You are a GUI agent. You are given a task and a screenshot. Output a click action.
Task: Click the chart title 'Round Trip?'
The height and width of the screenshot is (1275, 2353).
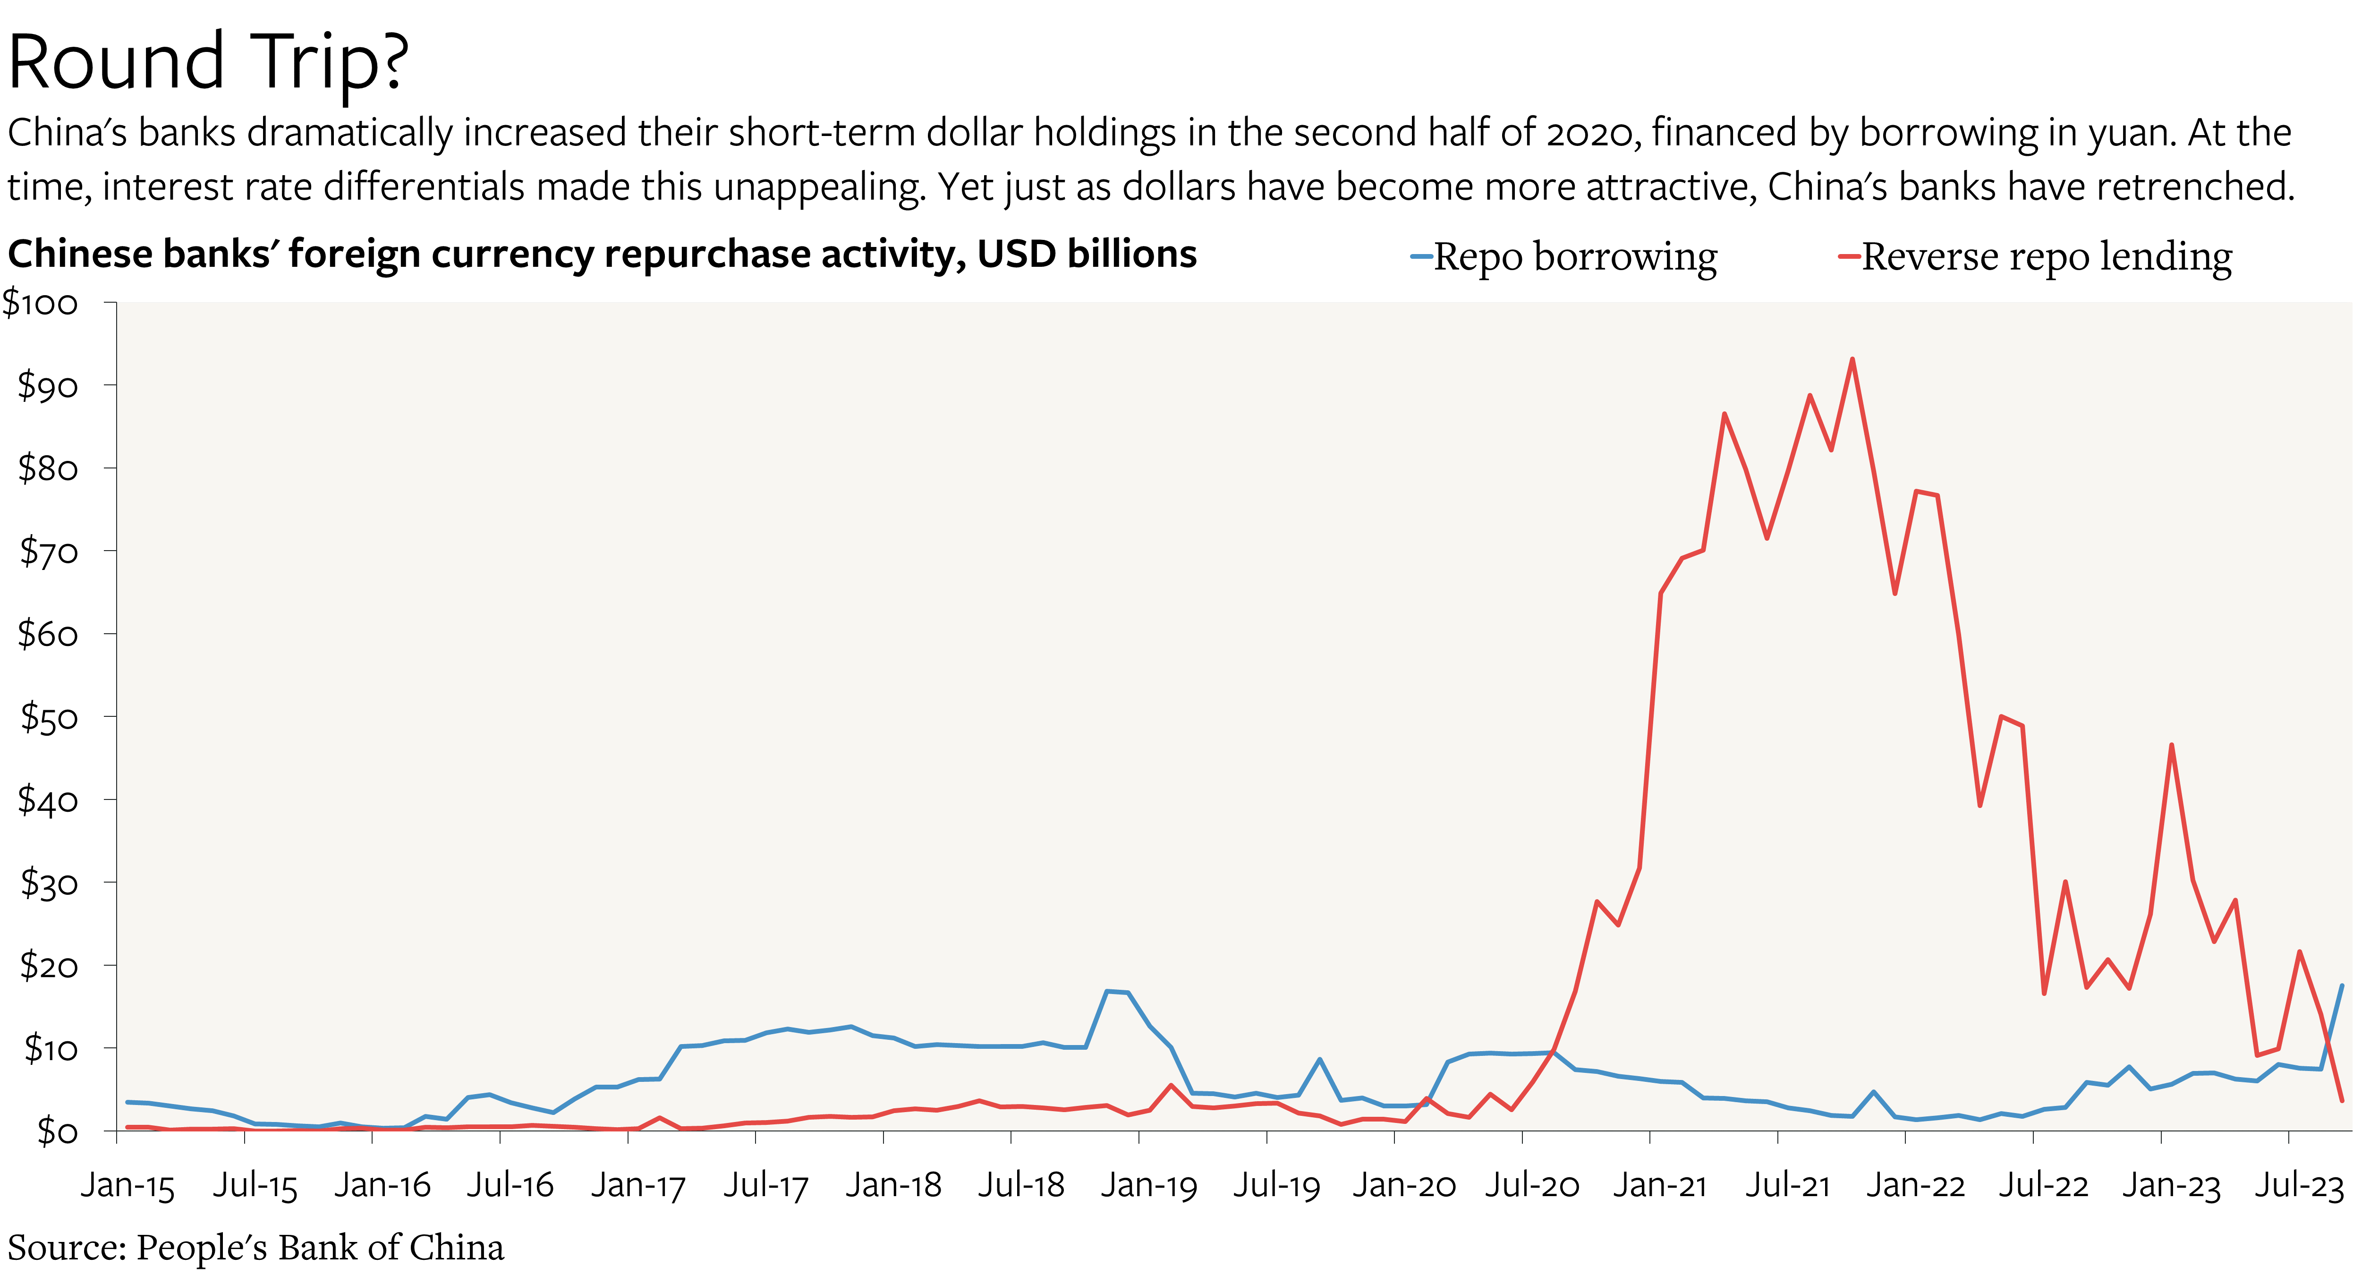[208, 62]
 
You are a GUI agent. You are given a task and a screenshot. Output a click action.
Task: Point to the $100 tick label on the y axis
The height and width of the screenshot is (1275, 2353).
[41, 303]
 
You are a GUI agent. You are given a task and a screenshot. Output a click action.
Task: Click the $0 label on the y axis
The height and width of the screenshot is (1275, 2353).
[57, 1131]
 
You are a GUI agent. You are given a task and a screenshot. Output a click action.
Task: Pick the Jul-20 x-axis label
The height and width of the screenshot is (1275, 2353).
[1532, 1185]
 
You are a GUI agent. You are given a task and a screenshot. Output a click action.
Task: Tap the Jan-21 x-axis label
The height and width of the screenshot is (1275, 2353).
[1660, 1185]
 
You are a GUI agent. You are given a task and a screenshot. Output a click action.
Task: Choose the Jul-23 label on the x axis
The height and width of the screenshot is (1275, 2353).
[2298, 1185]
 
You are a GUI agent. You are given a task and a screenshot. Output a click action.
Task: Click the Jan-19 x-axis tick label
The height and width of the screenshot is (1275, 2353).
[1148, 1185]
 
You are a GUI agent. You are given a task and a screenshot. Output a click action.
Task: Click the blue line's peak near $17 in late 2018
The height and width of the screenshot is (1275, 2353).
[1108, 991]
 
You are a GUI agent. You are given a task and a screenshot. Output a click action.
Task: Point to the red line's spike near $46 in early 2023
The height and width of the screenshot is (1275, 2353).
[2171, 745]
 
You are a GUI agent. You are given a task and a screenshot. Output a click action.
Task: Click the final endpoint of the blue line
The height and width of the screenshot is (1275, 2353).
[2341, 986]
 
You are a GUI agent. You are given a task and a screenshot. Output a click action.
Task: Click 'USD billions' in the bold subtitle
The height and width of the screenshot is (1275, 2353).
[1086, 254]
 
